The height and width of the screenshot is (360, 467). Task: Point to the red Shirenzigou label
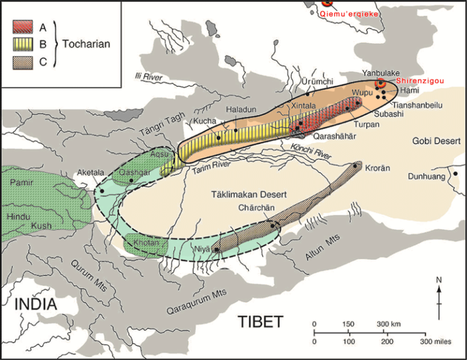point(418,81)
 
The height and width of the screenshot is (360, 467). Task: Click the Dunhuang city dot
point(455,174)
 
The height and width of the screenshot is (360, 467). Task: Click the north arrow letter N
point(438,280)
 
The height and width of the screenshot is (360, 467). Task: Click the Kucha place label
point(204,121)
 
